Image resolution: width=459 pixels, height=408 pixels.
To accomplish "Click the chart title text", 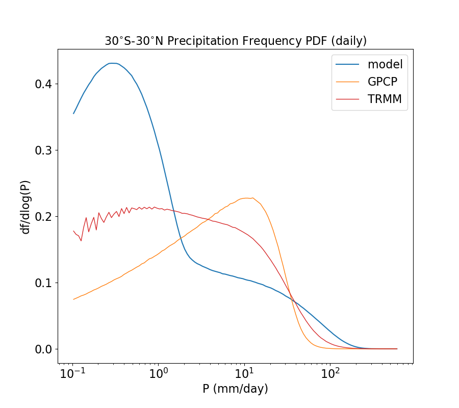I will (x=236, y=41).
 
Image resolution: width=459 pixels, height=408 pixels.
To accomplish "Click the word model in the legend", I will (x=385, y=64).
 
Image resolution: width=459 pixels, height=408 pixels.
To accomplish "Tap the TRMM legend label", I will (x=385, y=99).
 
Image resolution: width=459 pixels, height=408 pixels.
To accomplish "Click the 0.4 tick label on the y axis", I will (x=42, y=84).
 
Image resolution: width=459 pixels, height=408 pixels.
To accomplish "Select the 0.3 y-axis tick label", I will (x=42, y=150).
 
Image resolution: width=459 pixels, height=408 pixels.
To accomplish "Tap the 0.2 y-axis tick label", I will (x=42, y=216).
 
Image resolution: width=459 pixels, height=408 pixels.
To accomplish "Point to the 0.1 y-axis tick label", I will (x=42, y=283).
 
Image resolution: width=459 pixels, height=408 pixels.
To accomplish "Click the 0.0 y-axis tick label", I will (x=42, y=349).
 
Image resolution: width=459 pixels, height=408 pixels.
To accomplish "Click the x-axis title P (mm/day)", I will (x=235, y=389).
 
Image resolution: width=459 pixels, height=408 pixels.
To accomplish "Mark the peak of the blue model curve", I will (x=113, y=63).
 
